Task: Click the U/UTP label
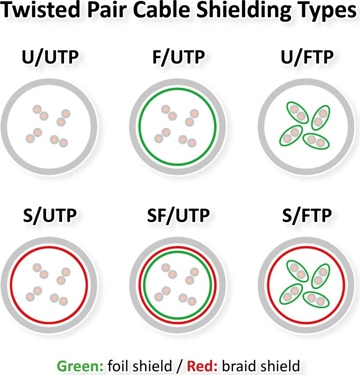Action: point(50,58)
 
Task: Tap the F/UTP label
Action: point(179,58)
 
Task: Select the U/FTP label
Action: point(307,58)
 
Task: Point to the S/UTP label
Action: point(50,216)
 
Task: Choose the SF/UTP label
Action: point(179,216)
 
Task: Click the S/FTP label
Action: point(307,216)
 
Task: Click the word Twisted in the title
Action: point(40,10)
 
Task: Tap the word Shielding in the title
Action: point(244,11)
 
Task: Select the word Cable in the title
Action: point(162,10)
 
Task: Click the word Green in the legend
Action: point(80,366)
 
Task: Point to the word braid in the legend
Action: point(239,366)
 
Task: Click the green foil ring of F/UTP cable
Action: point(178,89)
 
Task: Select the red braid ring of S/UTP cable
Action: point(49,247)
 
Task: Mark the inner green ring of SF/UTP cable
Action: point(178,252)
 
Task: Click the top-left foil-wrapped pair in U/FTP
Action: point(297,112)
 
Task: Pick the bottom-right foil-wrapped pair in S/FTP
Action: point(316,299)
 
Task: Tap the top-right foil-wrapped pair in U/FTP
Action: point(321,118)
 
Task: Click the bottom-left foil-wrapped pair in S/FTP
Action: point(291,294)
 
